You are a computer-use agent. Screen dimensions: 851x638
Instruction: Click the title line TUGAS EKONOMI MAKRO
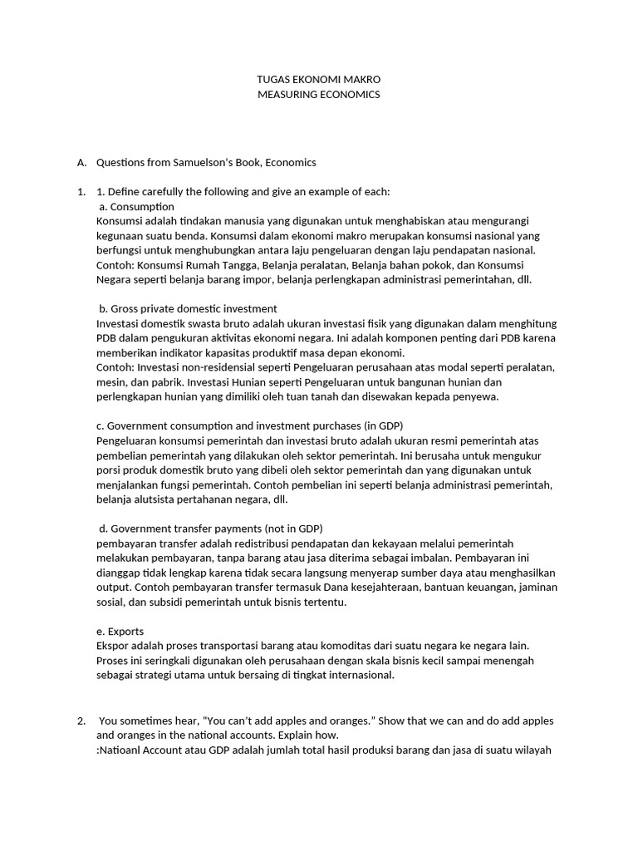319,80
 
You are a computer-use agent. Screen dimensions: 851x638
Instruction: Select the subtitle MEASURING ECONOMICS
319,95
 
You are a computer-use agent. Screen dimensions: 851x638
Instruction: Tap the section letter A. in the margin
81,162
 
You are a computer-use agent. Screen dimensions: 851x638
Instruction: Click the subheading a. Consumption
136,206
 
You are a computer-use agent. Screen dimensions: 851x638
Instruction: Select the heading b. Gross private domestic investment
187,308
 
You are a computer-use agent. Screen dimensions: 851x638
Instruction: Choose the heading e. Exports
120,631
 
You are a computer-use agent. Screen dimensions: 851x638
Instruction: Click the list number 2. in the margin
81,721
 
